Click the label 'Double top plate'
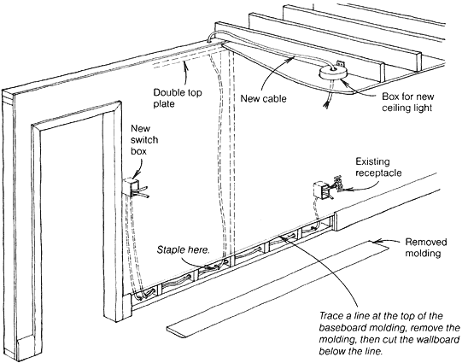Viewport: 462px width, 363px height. pos(178,98)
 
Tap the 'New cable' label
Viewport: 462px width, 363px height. pos(263,98)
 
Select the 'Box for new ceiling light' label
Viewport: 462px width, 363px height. pos(408,102)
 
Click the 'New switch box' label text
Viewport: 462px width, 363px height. pos(144,140)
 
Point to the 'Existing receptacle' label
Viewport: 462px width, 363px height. pos(378,167)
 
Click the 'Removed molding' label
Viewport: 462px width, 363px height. pos(426,247)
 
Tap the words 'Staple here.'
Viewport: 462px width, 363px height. pos(183,250)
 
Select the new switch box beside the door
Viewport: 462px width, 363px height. pos(130,187)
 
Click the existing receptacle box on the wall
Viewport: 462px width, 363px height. pos(321,190)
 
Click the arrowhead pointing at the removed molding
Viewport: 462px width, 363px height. pos(376,242)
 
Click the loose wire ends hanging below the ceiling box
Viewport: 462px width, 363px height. pos(327,101)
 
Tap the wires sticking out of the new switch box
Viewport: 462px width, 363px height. pos(141,191)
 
